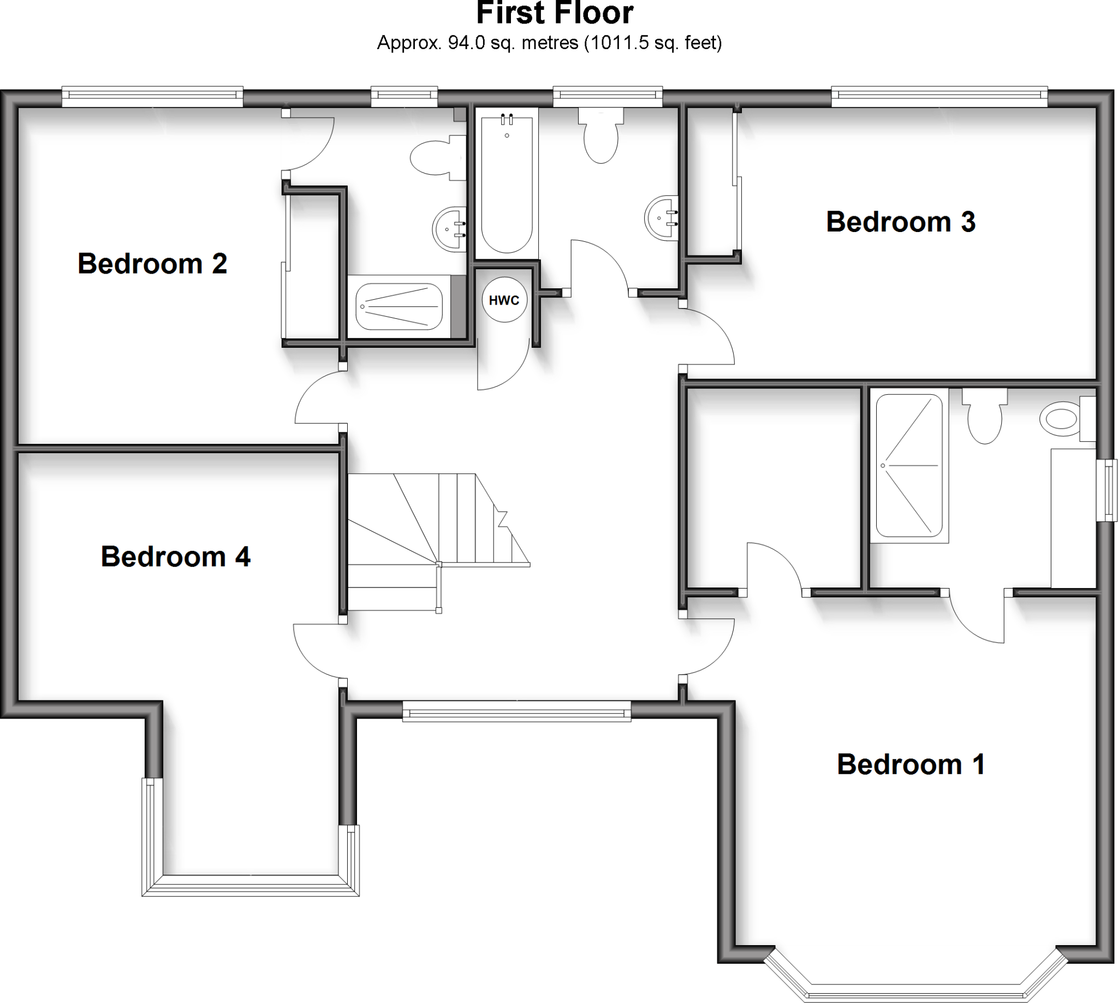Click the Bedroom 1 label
click(x=910, y=764)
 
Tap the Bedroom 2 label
click(x=152, y=263)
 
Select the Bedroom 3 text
click(x=900, y=222)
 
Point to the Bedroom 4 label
click(x=175, y=556)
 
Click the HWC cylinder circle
click(x=504, y=300)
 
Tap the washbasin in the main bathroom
click(x=661, y=218)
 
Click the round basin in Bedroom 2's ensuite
click(x=449, y=229)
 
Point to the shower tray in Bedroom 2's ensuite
click(x=399, y=306)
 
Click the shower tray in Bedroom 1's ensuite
click(x=908, y=465)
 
